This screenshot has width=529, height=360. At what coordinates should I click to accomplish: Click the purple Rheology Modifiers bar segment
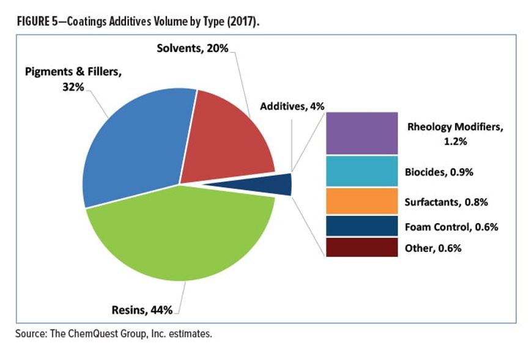pos(362,133)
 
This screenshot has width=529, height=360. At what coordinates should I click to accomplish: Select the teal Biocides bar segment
pos(362,171)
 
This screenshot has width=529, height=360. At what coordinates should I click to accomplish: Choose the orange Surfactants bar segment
pos(362,201)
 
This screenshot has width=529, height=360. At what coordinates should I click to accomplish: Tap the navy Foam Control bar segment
pos(362,226)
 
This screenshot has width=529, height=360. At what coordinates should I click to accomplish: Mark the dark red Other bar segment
pos(362,248)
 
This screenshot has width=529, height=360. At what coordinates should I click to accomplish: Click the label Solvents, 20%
pos(198,49)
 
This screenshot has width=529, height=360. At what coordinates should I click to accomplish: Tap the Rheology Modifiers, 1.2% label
pos(455,133)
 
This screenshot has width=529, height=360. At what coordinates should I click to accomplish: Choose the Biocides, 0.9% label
pos(439,172)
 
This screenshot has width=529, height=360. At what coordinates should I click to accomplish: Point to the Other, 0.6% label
pos(433,248)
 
